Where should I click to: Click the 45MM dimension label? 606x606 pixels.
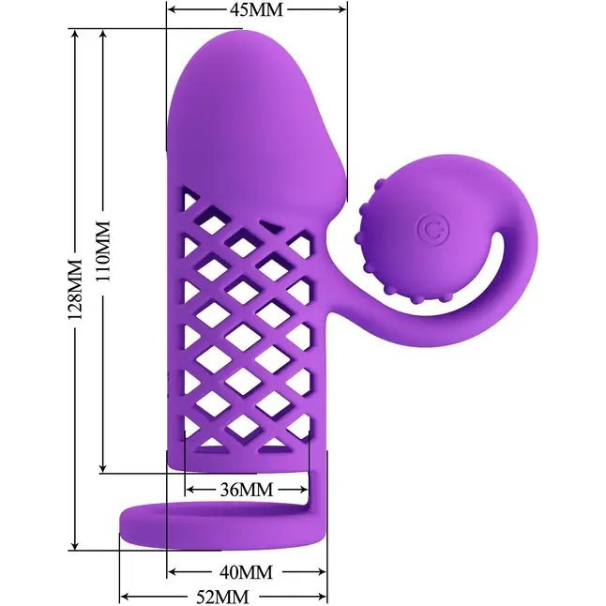(x=257, y=9)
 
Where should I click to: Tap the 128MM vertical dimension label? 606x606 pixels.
(x=75, y=289)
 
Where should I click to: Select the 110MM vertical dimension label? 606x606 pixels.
(x=103, y=250)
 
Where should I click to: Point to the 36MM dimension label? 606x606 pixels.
(x=247, y=490)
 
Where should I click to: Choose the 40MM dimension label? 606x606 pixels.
(x=246, y=572)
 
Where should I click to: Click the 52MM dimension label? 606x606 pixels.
(x=222, y=598)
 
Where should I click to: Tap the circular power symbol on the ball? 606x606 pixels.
(x=433, y=230)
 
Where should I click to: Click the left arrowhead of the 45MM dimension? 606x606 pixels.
(x=173, y=9)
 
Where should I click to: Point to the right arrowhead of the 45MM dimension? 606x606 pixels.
(x=341, y=9)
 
